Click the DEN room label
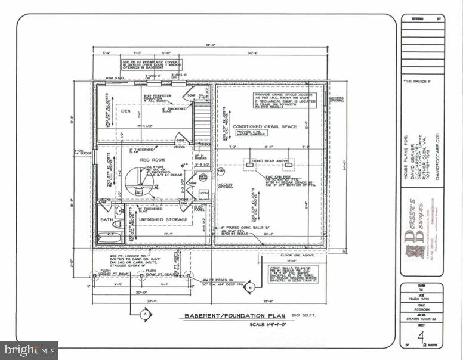coord(126,111)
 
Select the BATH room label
coord(106,219)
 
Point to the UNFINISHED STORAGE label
coord(163,219)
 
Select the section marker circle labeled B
coord(251,287)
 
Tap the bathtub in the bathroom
coord(110,237)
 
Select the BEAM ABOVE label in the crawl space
coord(274,161)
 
